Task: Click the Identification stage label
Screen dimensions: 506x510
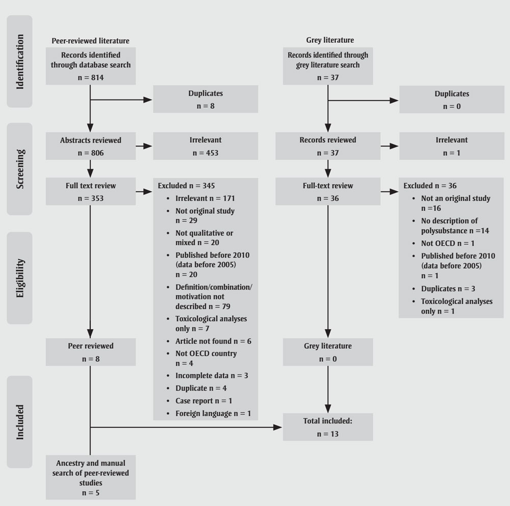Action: pyautogui.click(x=19, y=61)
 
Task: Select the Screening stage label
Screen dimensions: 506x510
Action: pyautogui.click(x=19, y=168)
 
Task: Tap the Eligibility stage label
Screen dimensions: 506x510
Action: pyautogui.click(x=19, y=277)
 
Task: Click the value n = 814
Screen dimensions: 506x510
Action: pyautogui.click(x=91, y=78)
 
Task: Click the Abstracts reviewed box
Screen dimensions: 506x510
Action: pyautogui.click(x=91, y=146)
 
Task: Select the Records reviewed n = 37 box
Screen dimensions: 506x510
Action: pyautogui.click(x=328, y=146)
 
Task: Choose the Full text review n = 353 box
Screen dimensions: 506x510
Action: pyautogui.click(x=91, y=191)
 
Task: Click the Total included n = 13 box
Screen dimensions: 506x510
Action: pyautogui.click(x=328, y=427)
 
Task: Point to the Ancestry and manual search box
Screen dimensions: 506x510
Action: pyautogui.click(x=91, y=477)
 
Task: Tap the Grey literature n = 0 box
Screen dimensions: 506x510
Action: pyautogui.click(x=328, y=352)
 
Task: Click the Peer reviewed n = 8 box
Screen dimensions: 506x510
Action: pyautogui.click(x=91, y=352)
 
